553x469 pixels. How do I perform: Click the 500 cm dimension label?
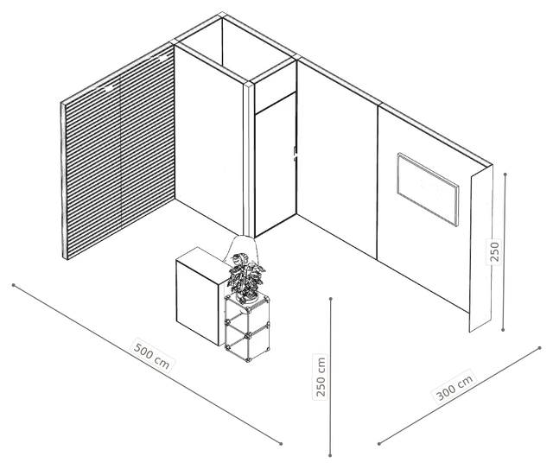[x=152, y=355]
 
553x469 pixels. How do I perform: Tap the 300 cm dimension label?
[x=454, y=387]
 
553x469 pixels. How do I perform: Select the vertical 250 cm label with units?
[x=321, y=377]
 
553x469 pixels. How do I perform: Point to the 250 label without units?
[x=493, y=251]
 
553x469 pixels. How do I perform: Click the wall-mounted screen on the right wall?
[x=428, y=188]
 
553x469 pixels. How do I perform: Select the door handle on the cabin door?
[x=295, y=154]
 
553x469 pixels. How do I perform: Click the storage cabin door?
[x=275, y=164]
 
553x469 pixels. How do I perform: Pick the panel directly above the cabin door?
[x=275, y=87]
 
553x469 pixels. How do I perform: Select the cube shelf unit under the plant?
[x=247, y=328]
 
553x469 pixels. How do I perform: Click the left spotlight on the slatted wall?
[x=109, y=87]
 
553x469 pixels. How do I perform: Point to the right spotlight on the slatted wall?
[x=162, y=58]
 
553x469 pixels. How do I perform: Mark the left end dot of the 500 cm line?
[x=14, y=285]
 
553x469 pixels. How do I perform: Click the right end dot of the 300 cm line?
[x=539, y=348]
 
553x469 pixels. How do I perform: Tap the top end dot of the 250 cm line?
[x=331, y=299]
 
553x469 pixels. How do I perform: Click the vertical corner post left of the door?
[x=249, y=160]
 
